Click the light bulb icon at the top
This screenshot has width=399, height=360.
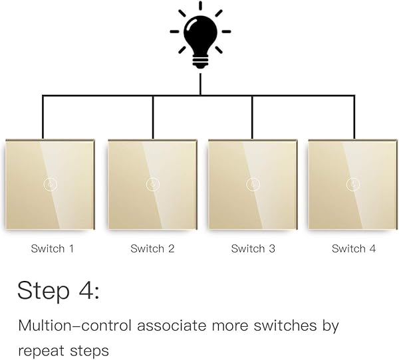tap(199, 33)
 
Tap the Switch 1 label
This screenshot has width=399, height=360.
tap(53, 249)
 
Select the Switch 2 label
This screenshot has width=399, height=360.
tap(152, 249)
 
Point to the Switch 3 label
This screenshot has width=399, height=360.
tap(253, 249)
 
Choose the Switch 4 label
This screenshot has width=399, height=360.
tap(354, 249)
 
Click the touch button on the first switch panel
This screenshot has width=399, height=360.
tap(52, 183)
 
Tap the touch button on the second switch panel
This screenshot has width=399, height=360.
tap(152, 183)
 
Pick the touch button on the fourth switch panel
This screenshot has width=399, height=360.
tap(352, 183)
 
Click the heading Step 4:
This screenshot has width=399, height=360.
tap(58, 290)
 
